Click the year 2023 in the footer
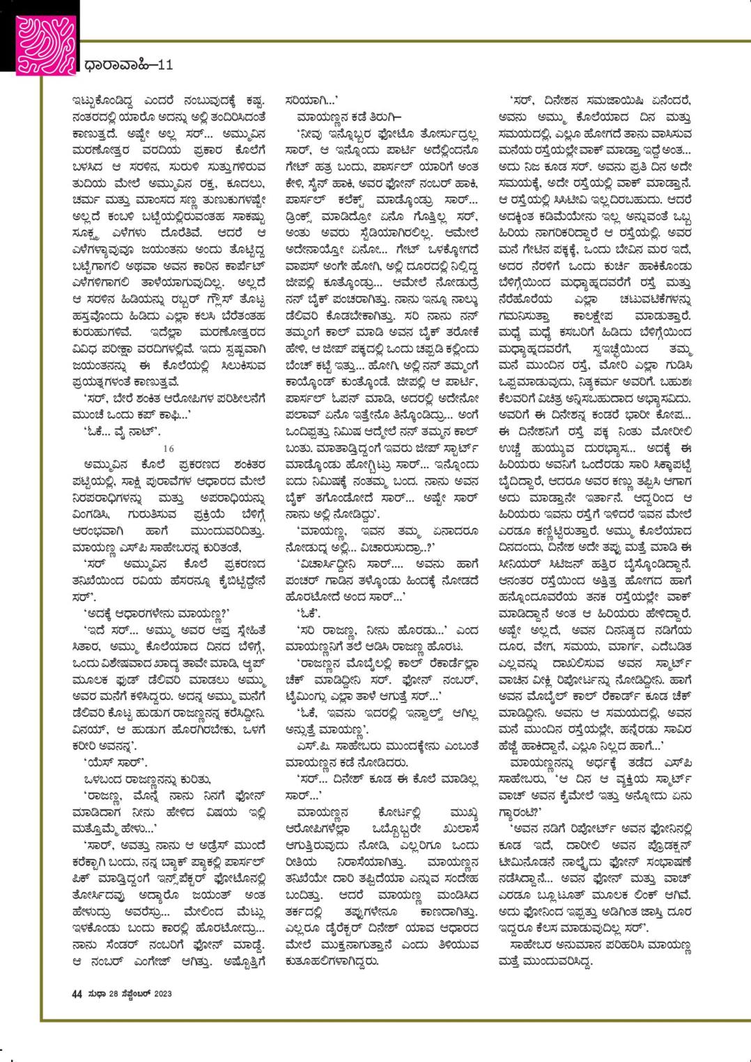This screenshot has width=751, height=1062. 162,993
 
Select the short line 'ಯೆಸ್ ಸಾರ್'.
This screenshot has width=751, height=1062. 104,760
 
